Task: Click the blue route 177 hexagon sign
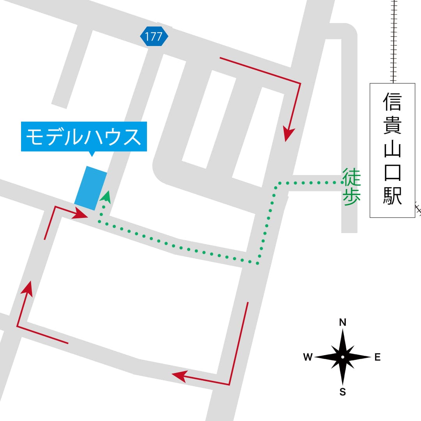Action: pyautogui.click(x=154, y=37)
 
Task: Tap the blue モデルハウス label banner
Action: pyautogui.click(x=84, y=136)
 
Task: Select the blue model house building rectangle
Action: pyautogui.click(x=90, y=188)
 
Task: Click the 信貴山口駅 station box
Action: pyautogui.click(x=392, y=150)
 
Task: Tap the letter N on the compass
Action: pyautogui.click(x=343, y=322)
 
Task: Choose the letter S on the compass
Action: pyautogui.click(x=343, y=392)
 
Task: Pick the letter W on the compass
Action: pyautogui.click(x=308, y=357)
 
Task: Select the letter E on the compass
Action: pyautogui.click(x=377, y=357)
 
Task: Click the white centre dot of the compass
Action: pyautogui.click(x=343, y=357)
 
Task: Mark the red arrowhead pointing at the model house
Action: pyautogui.click(x=81, y=213)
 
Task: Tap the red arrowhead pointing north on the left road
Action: pyautogui.click(x=27, y=288)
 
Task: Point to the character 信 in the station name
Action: pyautogui.click(x=392, y=102)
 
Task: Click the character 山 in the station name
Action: pyautogui.click(x=392, y=149)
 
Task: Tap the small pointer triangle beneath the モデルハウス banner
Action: pyautogui.click(x=92, y=154)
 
